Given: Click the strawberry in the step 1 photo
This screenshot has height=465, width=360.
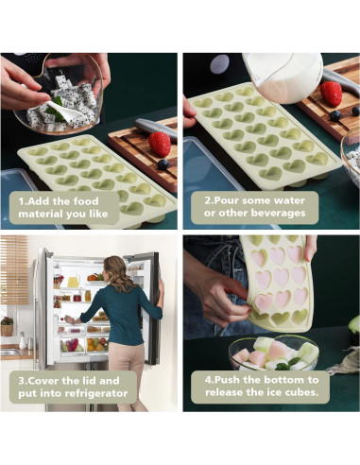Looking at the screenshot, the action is (160, 144).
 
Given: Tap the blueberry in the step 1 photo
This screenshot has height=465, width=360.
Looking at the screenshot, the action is (163, 164).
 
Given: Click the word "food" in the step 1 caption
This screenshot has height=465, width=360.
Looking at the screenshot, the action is (86, 201).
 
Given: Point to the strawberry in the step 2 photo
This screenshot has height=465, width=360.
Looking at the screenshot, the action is (331, 94).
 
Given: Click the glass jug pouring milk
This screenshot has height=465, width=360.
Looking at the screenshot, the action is (282, 77).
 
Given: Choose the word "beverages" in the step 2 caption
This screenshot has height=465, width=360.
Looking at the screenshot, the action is (278, 213).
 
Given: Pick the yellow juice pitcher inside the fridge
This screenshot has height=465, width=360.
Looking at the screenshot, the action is (73, 281).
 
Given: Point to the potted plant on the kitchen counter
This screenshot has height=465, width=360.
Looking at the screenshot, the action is (7, 326).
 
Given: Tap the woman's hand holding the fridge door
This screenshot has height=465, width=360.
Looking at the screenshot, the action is (162, 289).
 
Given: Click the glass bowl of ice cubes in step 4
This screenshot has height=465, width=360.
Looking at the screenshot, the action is (274, 353).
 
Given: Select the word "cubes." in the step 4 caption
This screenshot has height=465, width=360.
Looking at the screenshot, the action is (301, 392).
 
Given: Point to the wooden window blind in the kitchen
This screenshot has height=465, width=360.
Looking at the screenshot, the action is (14, 269).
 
